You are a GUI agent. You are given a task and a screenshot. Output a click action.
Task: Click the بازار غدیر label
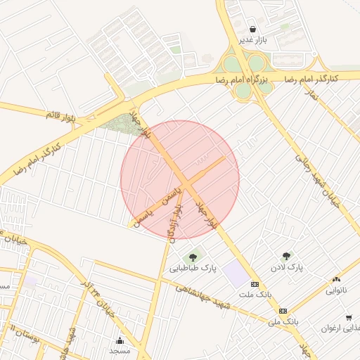252,41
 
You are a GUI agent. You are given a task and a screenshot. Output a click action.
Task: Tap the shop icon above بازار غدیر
252,30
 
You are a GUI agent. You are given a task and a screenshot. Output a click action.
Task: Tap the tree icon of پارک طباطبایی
193,257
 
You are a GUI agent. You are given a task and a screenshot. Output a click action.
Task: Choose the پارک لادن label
286,268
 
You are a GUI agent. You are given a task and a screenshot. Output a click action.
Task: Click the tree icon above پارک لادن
286,257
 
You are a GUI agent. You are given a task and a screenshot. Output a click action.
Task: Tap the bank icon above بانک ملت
254,283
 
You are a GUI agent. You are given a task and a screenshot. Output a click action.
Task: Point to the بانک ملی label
283,321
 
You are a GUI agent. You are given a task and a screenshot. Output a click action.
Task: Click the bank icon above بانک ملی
283,310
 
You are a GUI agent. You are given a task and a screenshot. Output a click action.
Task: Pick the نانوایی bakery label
335,290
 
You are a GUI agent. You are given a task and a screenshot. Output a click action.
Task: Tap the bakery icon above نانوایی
335,279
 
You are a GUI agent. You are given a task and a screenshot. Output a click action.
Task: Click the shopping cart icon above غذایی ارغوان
349,318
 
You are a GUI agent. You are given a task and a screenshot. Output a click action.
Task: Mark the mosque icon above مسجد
118,340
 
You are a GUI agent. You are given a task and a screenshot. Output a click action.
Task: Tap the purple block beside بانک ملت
236,274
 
